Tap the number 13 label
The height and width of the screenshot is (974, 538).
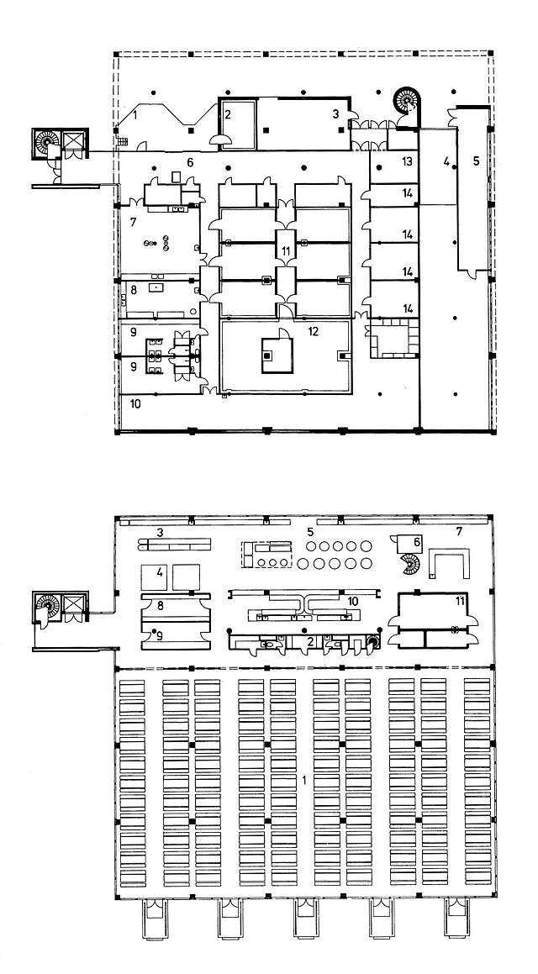[x=407, y=161]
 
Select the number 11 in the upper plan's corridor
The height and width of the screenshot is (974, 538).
[x=287, y=251]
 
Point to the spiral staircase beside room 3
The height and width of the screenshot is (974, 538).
[x=407, y=103]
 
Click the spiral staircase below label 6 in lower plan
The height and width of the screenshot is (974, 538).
[x=408, y=565]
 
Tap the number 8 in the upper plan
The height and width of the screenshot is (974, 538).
[x=133, y=290]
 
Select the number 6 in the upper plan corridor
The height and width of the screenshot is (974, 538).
[x=190, y=162]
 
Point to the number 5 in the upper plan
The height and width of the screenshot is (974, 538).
[x=475, y=162]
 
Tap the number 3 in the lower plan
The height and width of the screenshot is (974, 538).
[x=159, y=532]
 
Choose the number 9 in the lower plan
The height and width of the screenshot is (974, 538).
[x=159, y=635]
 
